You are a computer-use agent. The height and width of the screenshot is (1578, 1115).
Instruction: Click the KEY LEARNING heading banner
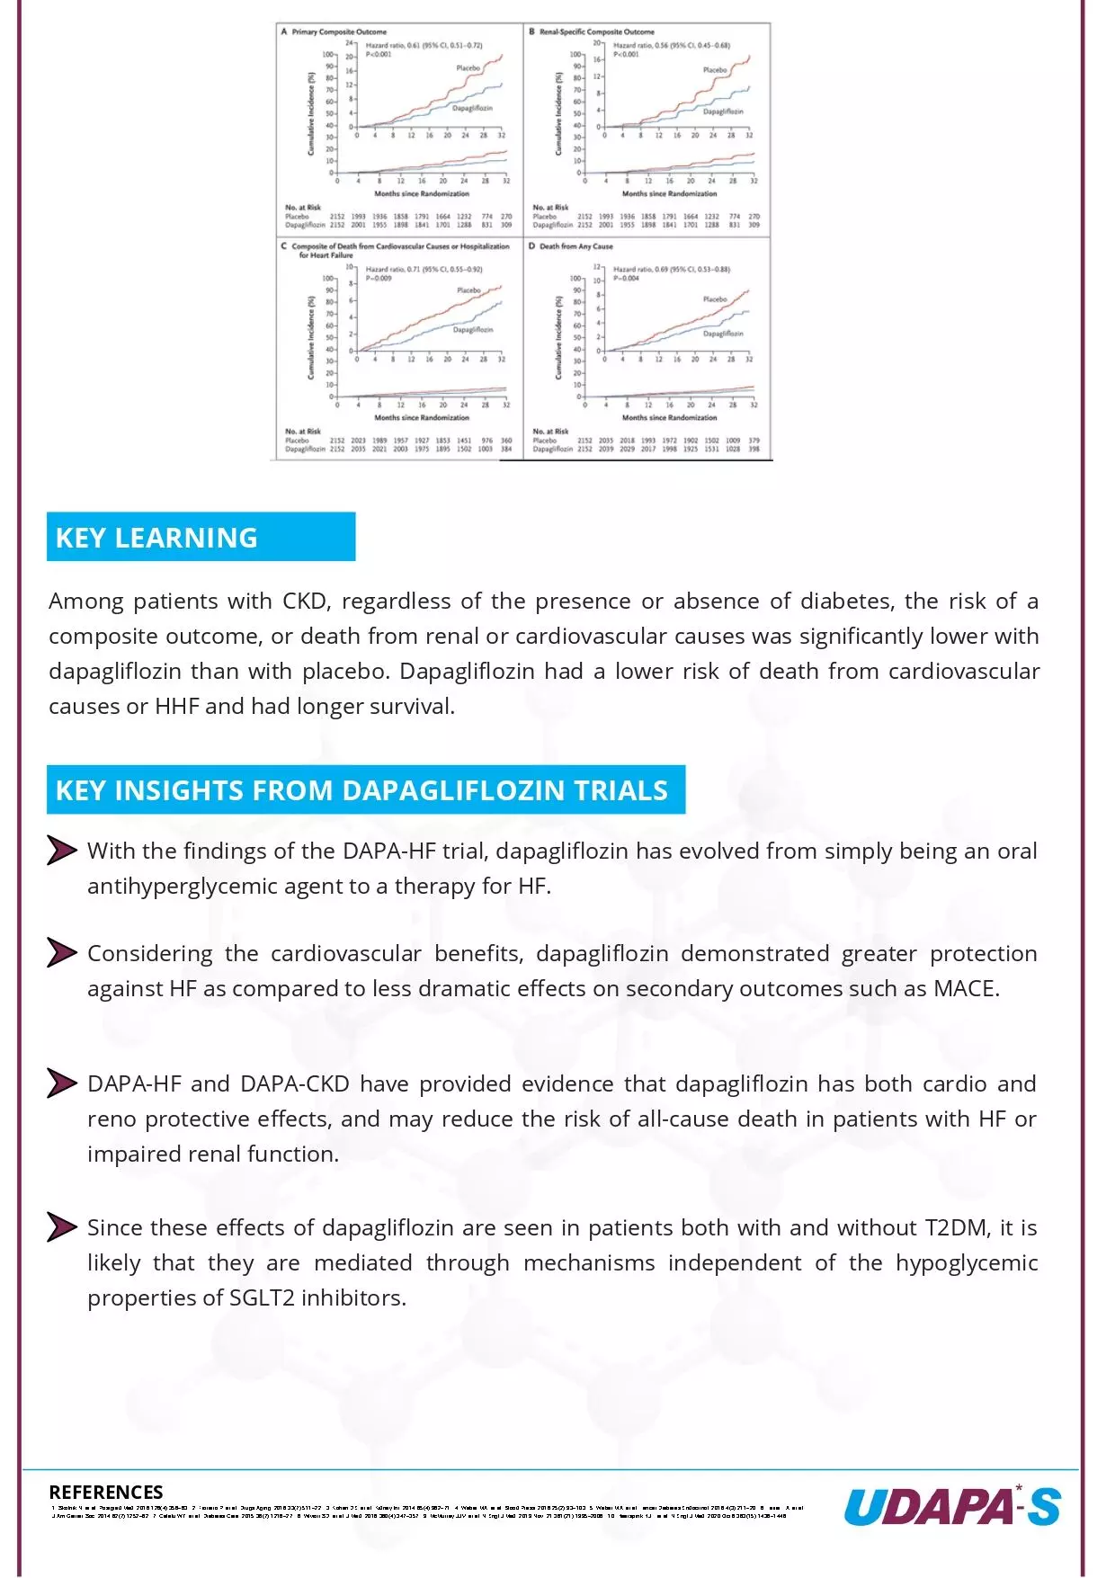point(201,537)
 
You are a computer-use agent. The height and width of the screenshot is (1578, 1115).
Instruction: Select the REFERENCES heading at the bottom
point(106,1492)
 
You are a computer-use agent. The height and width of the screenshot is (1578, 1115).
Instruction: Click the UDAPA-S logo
point(951,1507)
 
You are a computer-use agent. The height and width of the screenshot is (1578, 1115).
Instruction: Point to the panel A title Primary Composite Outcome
point(339,31)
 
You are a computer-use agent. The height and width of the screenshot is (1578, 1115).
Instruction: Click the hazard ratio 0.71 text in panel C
point(424,269)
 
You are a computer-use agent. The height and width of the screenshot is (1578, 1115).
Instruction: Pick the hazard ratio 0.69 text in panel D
point(671,269)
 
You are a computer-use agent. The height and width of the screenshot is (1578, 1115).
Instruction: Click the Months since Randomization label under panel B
point(669,193)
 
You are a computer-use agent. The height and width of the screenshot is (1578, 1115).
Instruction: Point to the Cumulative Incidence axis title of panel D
point(557,337)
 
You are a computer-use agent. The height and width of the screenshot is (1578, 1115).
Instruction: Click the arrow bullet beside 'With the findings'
point(61,851)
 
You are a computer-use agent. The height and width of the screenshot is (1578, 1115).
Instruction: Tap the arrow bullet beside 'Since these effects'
point(61,1227)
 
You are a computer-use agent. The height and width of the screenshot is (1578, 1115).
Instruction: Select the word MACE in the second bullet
point(964,988)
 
